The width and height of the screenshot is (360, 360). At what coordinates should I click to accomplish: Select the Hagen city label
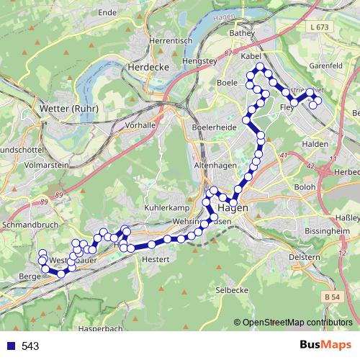point(232,207)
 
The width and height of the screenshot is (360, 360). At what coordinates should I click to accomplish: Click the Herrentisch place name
point(169,41)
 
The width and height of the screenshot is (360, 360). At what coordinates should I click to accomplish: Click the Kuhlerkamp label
point(165,206)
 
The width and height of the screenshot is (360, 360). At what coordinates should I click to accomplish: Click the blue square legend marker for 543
point(10,346)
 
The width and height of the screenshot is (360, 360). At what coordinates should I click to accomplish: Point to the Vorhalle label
point(140,125)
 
